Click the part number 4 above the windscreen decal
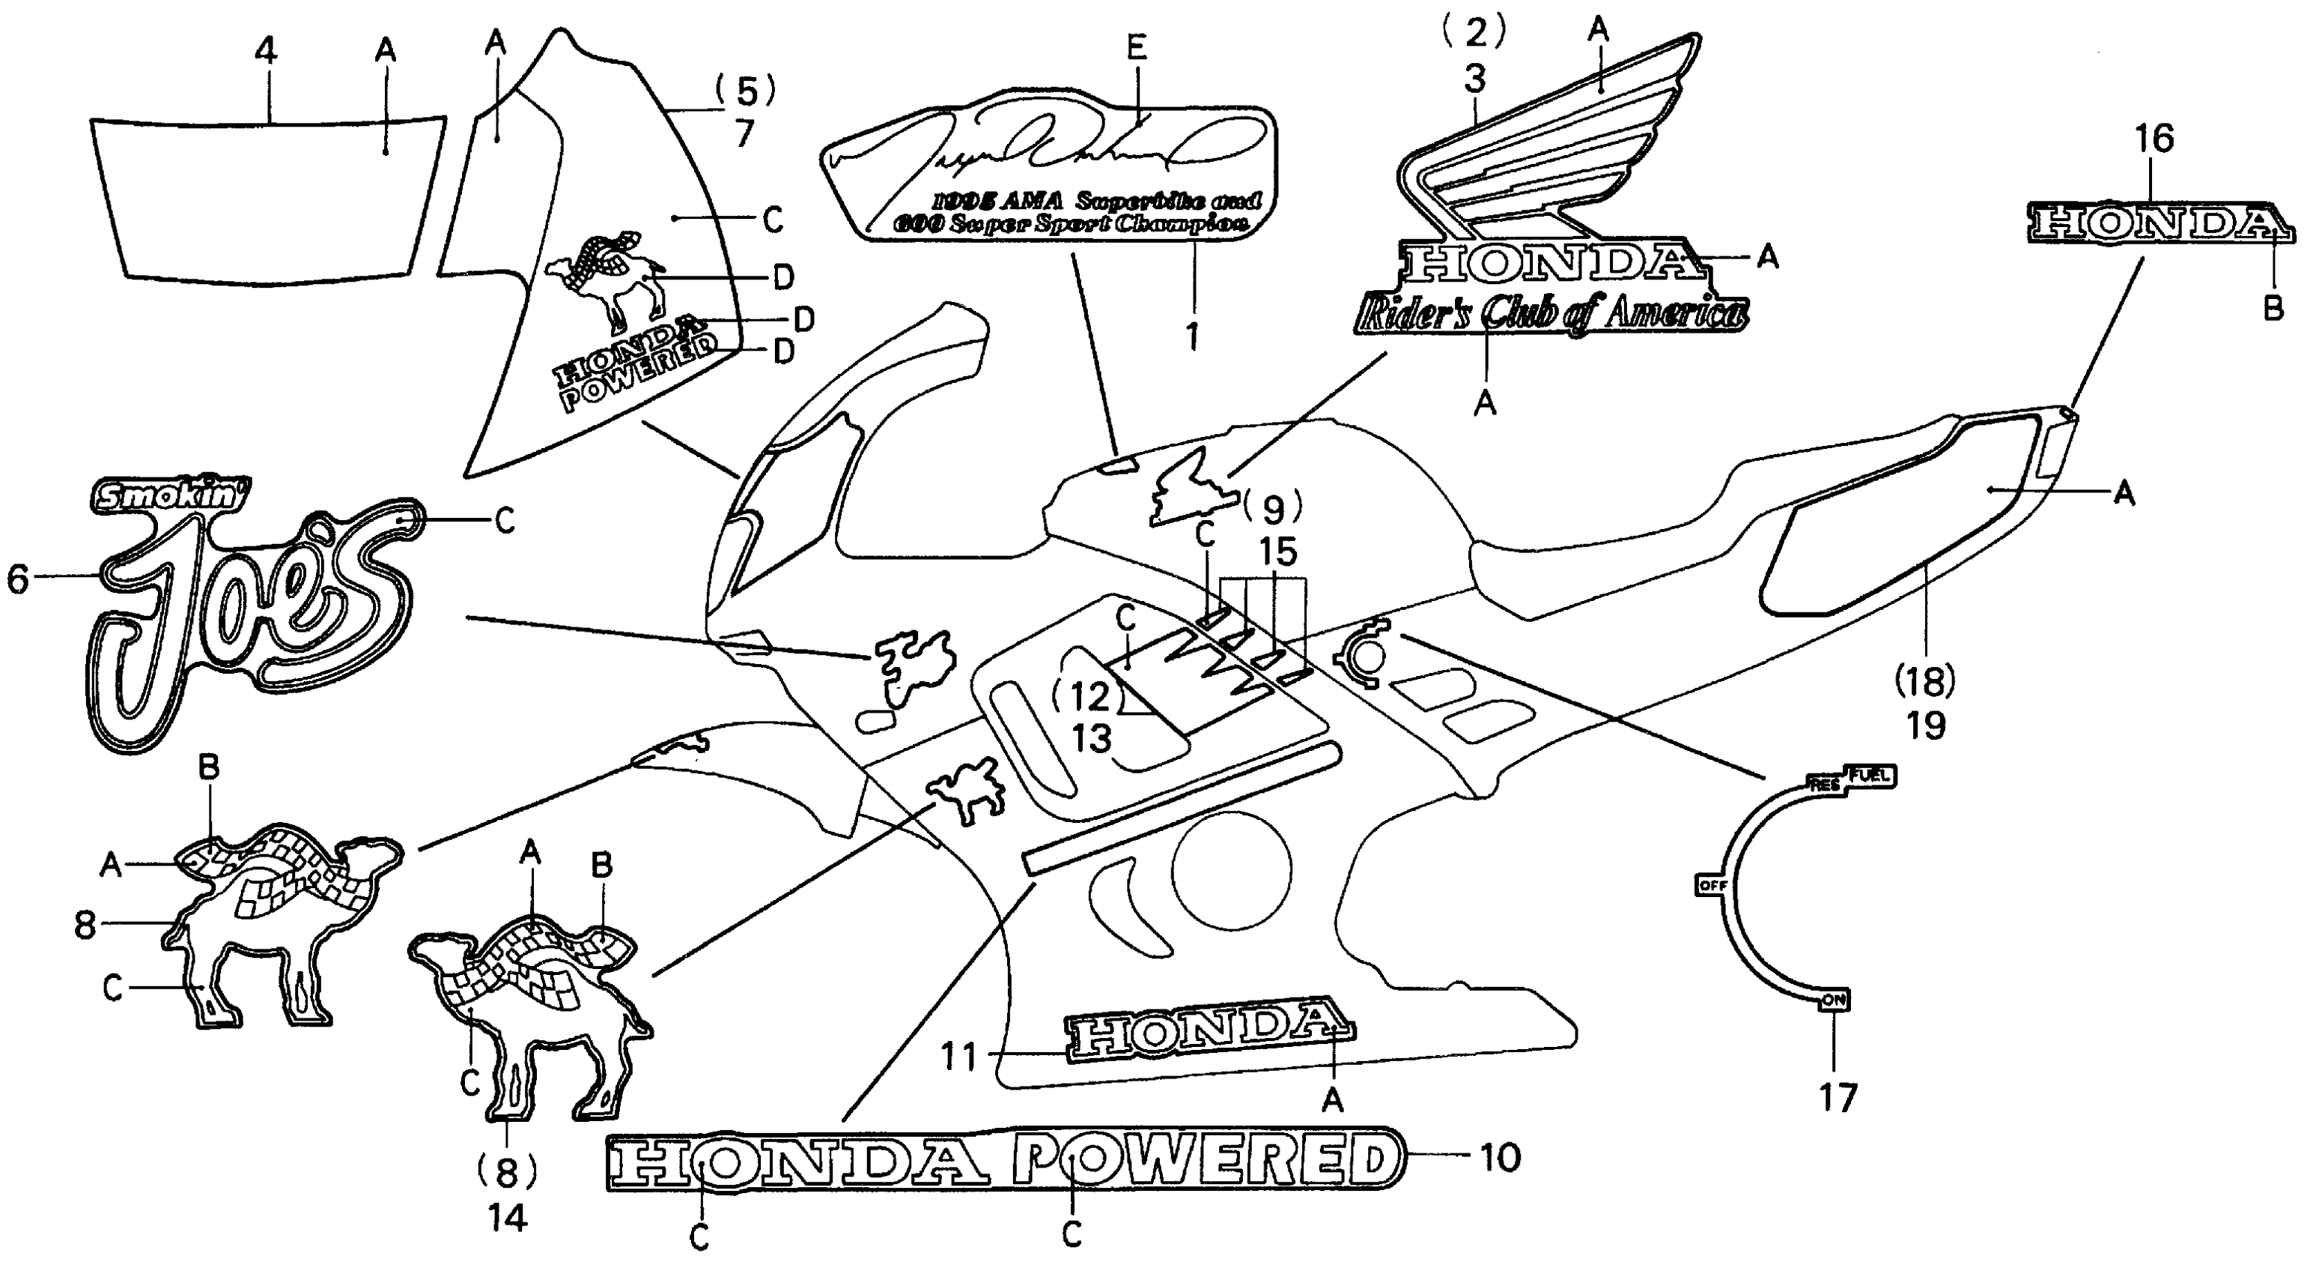(x=265, y=51)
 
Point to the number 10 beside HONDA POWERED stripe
(x=1498, y=1157)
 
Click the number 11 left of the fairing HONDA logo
(x=958, y=1057)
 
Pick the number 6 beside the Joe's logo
(x=18, y=579)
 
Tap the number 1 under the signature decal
(x=1192, y=336)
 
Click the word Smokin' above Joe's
(x=171, y=495)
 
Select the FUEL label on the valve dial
(x=1869, y=775)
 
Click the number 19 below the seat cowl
(x=1926, y=725)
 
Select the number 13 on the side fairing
(x=1091, y=738)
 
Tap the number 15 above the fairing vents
(x=1277, y=552)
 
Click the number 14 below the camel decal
(x=508, y=1218)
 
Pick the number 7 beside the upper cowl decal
(x=744, y=133)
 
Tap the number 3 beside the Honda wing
(x=1475, y=79)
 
